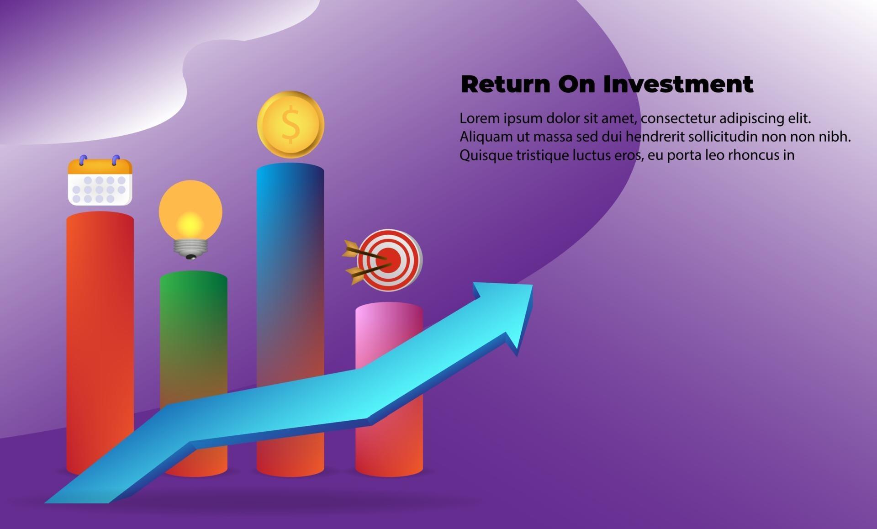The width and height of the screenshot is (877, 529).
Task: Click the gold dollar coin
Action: [x=291, y=125]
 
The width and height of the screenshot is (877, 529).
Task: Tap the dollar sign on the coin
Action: [x=291, y=124]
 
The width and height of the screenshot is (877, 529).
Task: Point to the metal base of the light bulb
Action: [x=190, y=249]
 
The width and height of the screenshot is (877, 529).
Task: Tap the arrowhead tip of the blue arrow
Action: [x=532, y=285]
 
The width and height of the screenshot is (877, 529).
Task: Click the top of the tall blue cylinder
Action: [x=291, y=169]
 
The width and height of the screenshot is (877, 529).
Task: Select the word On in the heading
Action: [x=577, y=84]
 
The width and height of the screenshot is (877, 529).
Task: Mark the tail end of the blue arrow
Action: [x=77, y=503]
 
